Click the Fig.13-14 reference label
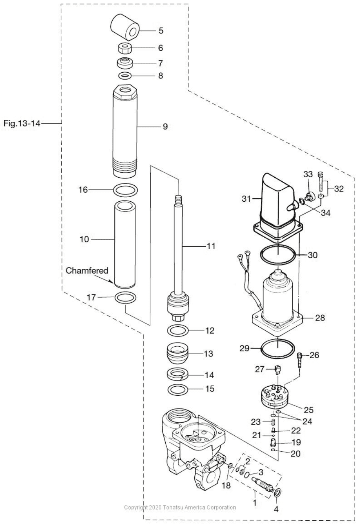pyautogui.click(x=21, y=124)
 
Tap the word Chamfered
pyautogui.click(x=87, y=271)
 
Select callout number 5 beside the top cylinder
pyautogui.click(x=161, y=31)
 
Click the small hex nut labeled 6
pyautogui.click(x=125, y=48)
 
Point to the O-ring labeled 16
pyautogui.click(x=126, y=190)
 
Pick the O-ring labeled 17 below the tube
pyautogui.click(x=126, y=298)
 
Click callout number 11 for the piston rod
pyautogui.click(x=211, y=246)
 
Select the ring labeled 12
pyautogui.click(x=178, y=331)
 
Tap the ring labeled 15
pyautogui.click(x=178, y=390)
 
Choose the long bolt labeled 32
pyautogui.click(x=320, y=182)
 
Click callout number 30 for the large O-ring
pyautogui.click(x=312, y=255)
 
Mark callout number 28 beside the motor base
pyautogui.click(x=320, y=318)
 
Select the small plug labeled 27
pyautogui.click(x=278, y=370)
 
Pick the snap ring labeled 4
pyautogui.click(x=277, y=493)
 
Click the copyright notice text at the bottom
pyautogui.click(x=180, y=507)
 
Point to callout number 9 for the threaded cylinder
pyautogui.click(x=165, y=126)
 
